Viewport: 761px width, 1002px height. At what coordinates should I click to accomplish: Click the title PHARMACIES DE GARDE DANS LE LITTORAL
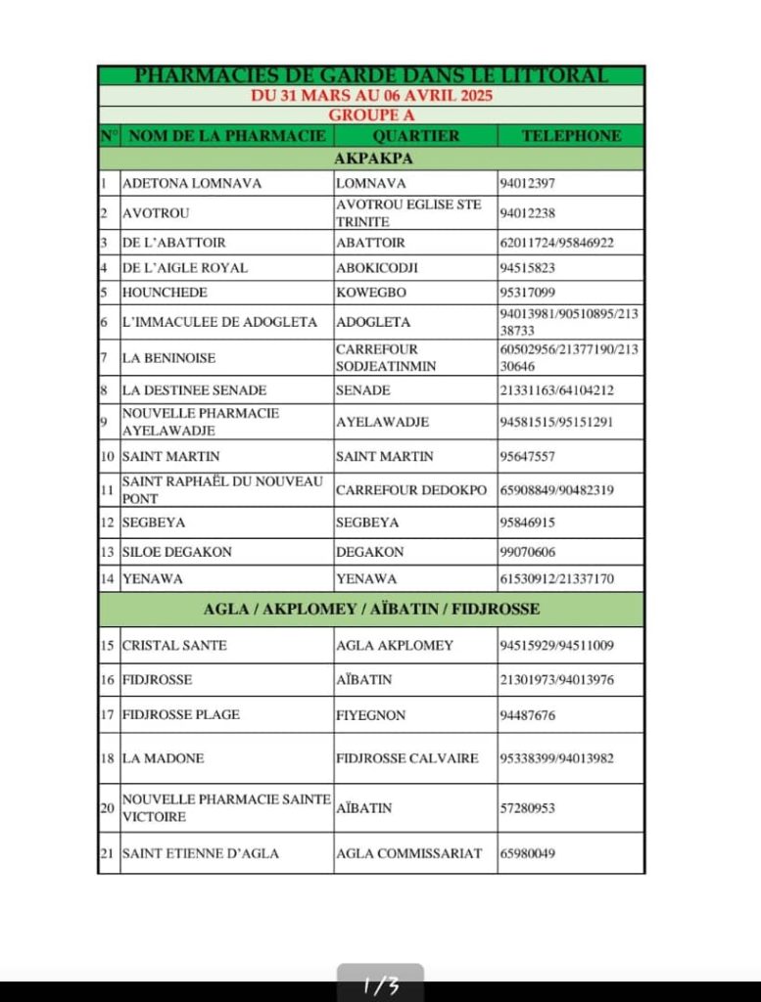tap(370, 75)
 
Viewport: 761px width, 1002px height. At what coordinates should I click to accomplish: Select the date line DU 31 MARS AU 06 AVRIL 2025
tap(371, 96)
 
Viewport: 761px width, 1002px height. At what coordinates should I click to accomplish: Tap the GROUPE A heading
tap(371, 114)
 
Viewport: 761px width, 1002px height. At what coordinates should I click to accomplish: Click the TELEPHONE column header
tap(571, 136)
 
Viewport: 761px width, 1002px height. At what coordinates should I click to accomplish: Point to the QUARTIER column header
tap(415, 136)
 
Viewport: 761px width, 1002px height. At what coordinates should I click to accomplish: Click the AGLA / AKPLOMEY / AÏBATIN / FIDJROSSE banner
tap(371, 609)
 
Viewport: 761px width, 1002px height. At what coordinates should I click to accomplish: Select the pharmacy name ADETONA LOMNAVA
tap(192, 183)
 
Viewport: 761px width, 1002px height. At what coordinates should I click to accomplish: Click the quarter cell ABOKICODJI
tap(376, 267)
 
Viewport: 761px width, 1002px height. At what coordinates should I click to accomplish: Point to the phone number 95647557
tap(528, 456)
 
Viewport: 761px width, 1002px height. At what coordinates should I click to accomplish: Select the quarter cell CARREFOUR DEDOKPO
tap(410, 490)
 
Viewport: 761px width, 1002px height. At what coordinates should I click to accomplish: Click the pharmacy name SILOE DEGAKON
tap(177, 552)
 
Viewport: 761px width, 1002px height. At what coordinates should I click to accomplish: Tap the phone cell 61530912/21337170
tap(556, 579)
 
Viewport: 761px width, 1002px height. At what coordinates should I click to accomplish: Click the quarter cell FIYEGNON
tap(370, 715)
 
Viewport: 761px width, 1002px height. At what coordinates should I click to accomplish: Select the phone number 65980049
tap(528, 853)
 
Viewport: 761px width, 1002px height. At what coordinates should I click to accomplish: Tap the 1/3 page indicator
tap(381, 986)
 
